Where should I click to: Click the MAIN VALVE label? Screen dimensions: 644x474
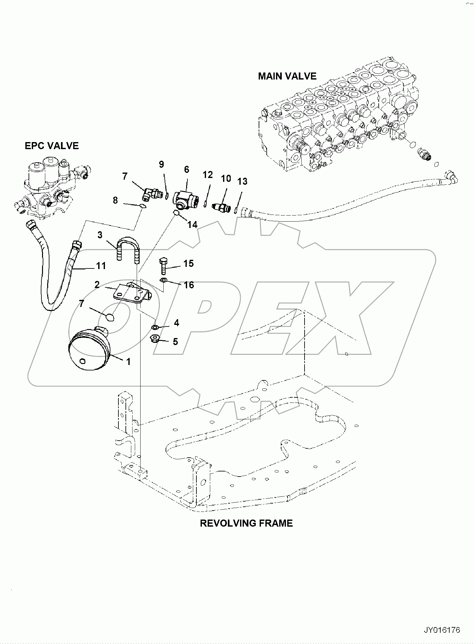pyautogui.click(x=287, y=76)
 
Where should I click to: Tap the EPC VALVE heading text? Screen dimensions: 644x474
pyautogui.click(x=52, y=146)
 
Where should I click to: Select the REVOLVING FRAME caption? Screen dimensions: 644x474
pyautogui.click(x=246, y=523)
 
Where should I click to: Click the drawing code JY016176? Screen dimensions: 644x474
pyautogui.click(x=442, y=630)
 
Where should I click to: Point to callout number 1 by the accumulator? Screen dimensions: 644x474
pyautogui.click(x=128, y=362)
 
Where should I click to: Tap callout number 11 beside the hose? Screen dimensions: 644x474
pyautogui.click(x=101, y=266)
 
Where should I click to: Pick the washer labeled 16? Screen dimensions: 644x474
pyautogui.click(x=164, y=281)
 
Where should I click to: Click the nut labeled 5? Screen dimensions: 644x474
pyautogui.click(x=155, y=338)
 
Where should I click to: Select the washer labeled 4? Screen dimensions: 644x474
pyautogui.click(x=154, y=327)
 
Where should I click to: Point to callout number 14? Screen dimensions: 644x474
pyautogui.click(x=192, y=225)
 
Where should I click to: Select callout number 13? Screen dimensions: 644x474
pyautogui.click(x=242, y=182)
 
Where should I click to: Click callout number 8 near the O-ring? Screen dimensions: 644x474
pyautogui.click(x=115, y=200)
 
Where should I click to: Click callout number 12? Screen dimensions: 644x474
pyautogui.click(x=208, y=175)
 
